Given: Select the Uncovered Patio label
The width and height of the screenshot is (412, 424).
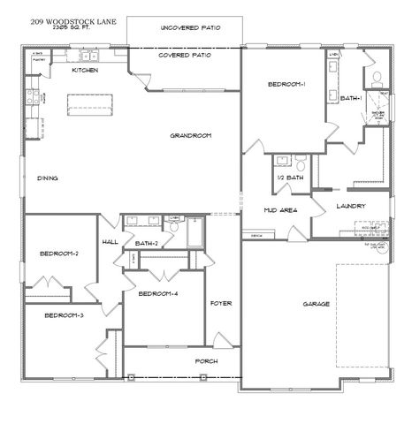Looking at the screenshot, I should (190, 28).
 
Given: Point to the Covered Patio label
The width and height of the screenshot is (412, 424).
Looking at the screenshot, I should (184, 55).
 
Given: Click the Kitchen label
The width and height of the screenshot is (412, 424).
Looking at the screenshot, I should (84, 70).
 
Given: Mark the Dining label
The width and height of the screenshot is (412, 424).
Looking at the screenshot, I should (48, 178).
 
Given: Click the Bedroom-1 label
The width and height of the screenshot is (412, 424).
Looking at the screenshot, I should (286, 84).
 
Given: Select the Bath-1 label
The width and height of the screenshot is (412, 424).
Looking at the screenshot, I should (351, 99).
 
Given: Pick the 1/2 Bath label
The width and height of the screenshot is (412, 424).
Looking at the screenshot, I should (290, 178).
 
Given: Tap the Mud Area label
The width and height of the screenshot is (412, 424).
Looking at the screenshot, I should (280, 210).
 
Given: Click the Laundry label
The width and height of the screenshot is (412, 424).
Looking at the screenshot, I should (351, 207).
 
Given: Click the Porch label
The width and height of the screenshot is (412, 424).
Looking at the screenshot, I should (206, 361).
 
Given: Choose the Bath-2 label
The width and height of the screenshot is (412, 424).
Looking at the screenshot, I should (147, 243).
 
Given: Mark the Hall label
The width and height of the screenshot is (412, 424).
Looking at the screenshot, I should (111, 241).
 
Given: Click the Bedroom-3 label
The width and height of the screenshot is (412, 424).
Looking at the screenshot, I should (64, 315).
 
